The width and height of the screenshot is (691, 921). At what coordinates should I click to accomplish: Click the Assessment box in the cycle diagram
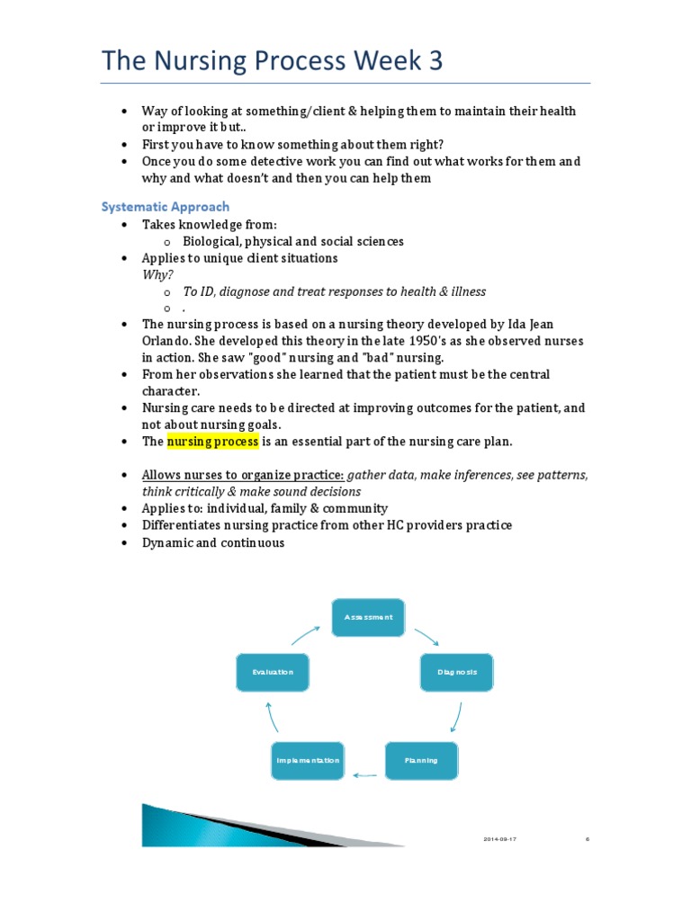coord(368,617)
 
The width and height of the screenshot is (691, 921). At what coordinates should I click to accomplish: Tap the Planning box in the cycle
coord(421,760)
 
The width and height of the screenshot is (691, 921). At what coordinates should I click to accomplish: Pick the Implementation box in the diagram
coord(308,760)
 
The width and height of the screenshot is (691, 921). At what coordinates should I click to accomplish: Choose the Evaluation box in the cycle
coord(272,672)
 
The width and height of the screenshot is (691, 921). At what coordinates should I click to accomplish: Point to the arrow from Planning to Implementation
coord(364,773)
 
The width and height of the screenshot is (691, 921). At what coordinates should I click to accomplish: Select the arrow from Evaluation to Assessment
coord(304,634)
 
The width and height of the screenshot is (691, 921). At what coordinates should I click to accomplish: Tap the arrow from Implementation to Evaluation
coord(273,716)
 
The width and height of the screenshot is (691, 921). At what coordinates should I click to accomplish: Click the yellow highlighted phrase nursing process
coord(212,442)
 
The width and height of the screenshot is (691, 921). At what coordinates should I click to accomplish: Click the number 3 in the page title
coord(435,60)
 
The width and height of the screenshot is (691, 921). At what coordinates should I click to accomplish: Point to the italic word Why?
coord(157,274)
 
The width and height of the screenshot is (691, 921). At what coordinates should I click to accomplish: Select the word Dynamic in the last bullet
coord(166,542)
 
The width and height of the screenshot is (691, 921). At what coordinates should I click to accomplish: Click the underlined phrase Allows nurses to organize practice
coord(242,474)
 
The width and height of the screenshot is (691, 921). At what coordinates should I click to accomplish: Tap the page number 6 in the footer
coord(588,838)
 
